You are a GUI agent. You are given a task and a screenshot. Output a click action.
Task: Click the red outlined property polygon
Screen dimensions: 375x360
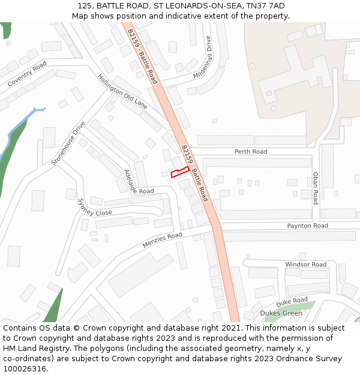(x=179, y=173)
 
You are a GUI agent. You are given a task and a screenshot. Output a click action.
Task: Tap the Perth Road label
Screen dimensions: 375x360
(x=251, y=152)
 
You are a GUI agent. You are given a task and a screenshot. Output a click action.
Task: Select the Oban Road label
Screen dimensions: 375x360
(x=316, y=188)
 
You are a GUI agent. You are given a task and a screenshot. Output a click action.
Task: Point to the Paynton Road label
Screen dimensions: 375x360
(x=307, y=226)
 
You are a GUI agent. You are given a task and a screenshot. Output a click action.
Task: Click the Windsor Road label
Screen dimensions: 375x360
(x=305, y=265)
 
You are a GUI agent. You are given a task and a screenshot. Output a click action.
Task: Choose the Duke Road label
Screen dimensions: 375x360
(x=292, y=301)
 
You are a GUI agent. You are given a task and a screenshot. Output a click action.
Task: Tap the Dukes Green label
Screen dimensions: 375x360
(x=281, y=313)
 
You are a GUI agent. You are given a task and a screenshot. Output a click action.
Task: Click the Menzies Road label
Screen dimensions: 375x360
(x=162, y=240)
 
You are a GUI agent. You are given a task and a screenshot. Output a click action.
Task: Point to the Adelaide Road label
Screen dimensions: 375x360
(x=139, y=181)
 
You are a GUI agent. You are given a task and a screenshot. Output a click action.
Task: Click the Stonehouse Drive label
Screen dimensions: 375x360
(x=68, y=144)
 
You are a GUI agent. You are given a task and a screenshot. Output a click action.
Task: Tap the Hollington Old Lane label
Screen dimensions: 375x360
(x=122, y=91)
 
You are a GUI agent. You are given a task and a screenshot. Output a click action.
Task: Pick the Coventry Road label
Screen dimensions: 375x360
(x=27, y=74)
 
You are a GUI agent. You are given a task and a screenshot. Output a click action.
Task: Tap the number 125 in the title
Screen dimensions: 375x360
(x=85, y=5)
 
